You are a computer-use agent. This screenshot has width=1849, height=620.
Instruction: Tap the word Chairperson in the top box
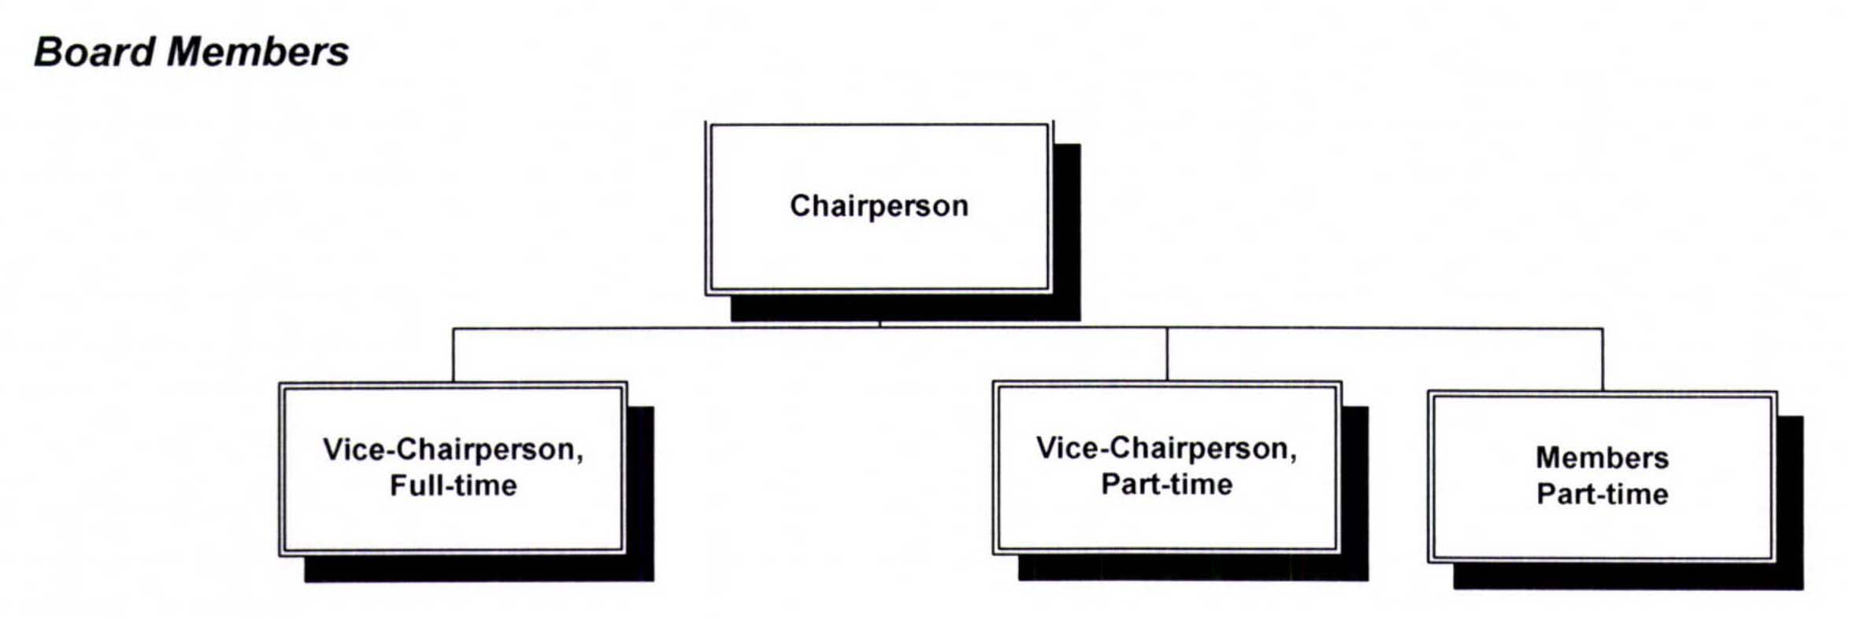879,206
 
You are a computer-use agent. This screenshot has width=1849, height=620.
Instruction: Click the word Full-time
453,485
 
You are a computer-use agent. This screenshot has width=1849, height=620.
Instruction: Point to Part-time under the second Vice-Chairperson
1166,485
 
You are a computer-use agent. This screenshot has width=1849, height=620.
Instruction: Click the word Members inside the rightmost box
1602,458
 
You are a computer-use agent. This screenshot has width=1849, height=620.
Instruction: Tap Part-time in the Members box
1602,494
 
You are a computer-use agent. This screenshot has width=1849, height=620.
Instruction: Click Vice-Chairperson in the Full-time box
453,450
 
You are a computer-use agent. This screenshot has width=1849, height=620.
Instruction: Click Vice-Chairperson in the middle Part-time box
1166,448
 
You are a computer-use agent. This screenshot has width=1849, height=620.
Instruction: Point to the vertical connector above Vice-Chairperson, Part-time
1166,355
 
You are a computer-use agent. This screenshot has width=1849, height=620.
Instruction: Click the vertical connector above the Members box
1602,360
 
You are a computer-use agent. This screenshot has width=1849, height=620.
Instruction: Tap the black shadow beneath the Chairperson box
906,308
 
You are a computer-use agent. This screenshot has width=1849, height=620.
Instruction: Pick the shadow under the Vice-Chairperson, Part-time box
1193,568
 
